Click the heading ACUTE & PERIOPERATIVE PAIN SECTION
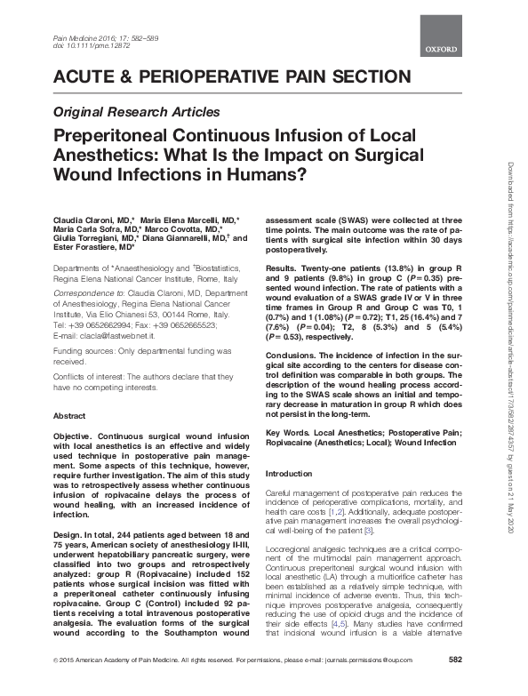233,76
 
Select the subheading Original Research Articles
137,112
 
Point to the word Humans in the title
266,173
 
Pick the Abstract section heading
70,415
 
